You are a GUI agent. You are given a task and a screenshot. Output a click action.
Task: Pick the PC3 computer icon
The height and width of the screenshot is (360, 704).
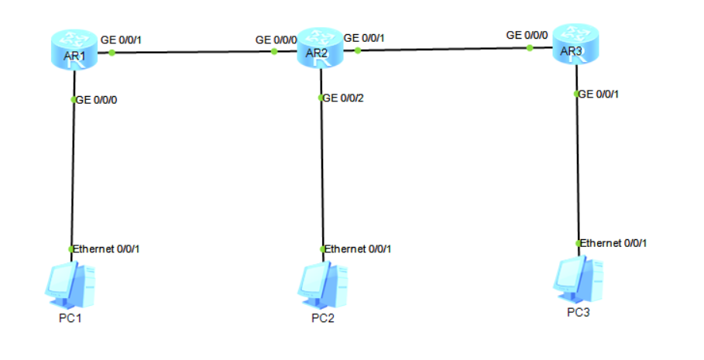(578, 279)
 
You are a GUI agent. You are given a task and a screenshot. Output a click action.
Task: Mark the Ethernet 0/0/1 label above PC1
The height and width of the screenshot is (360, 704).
(106, 249)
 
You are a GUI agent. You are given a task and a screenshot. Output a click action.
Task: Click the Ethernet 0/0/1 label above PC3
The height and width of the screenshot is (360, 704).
(613, 243)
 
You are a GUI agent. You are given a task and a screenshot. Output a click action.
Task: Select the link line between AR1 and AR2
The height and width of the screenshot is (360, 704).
(194, 53)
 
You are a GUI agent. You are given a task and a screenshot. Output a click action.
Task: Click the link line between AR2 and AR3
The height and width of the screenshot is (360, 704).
(441, 50)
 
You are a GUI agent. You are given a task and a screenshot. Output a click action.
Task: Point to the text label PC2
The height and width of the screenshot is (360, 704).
(324, 318)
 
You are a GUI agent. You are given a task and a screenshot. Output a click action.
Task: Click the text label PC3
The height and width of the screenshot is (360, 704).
(578, 313)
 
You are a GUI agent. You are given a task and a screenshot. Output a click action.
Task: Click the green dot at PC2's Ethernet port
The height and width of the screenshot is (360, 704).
(323, 249)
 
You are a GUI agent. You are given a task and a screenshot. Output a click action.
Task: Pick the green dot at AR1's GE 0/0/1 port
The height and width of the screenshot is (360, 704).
(112, 53)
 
